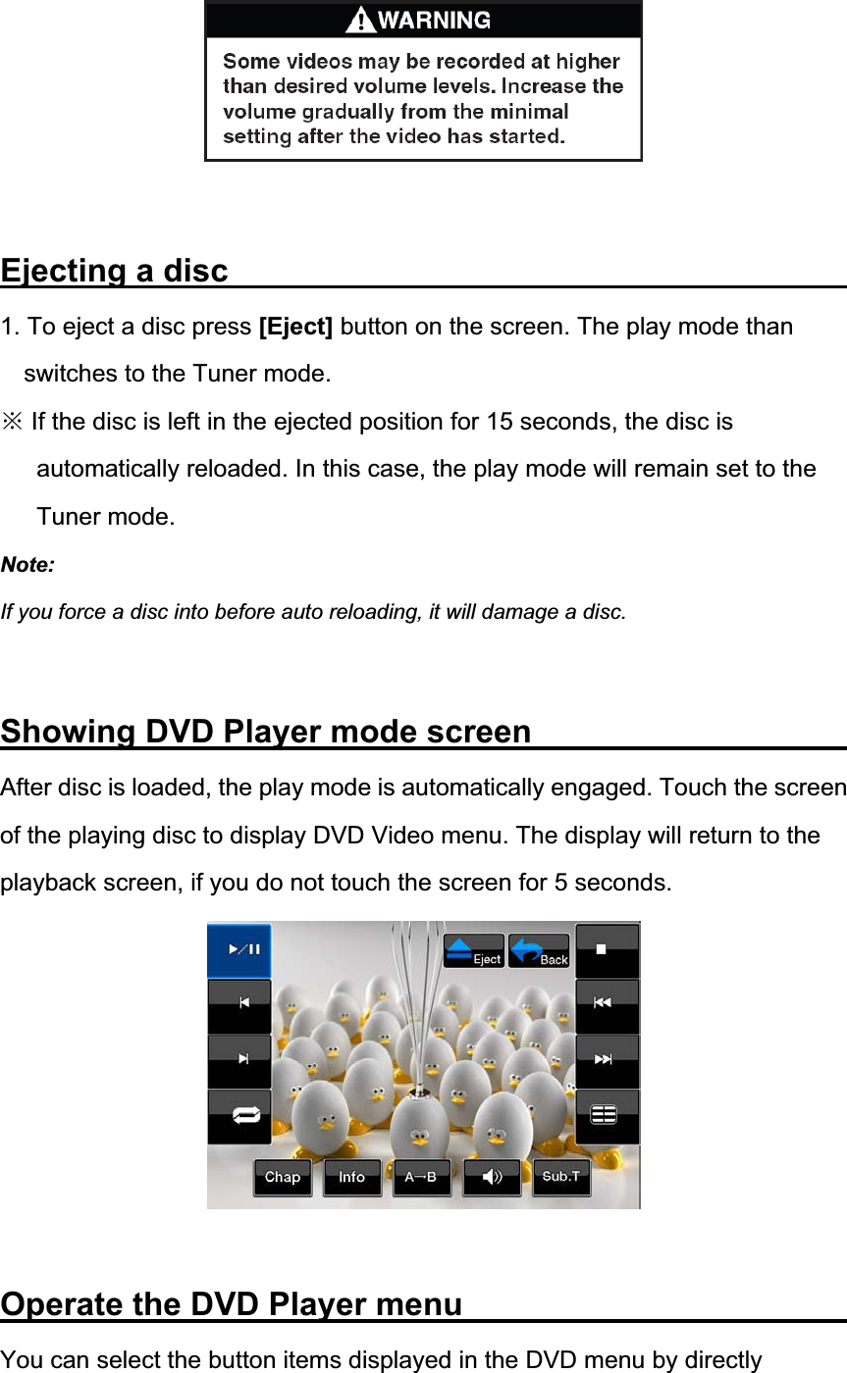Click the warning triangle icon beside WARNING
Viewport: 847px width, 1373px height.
[362, 20]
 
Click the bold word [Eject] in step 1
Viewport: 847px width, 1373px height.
[295, 327]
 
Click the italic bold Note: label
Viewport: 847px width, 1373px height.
[28, 565]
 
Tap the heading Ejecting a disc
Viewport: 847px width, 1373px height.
[115, 271]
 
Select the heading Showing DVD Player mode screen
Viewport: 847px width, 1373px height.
[266, 732]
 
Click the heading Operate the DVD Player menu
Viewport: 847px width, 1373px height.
[232, 1304]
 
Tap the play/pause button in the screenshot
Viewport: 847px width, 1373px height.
[239, 949]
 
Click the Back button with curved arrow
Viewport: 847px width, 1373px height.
[539, 951]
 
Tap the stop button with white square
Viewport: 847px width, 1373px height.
[607, 949]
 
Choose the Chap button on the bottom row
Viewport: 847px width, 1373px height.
[283, 1177]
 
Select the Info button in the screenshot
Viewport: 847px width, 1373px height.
[352, 1177]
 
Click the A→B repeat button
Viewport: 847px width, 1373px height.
[422, 1177]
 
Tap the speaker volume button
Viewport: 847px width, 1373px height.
[492, 1177]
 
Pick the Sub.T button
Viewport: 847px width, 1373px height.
[561, 1176]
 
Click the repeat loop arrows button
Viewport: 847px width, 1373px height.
[239, 1116]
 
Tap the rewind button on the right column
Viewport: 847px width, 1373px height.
[607, 1004]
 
